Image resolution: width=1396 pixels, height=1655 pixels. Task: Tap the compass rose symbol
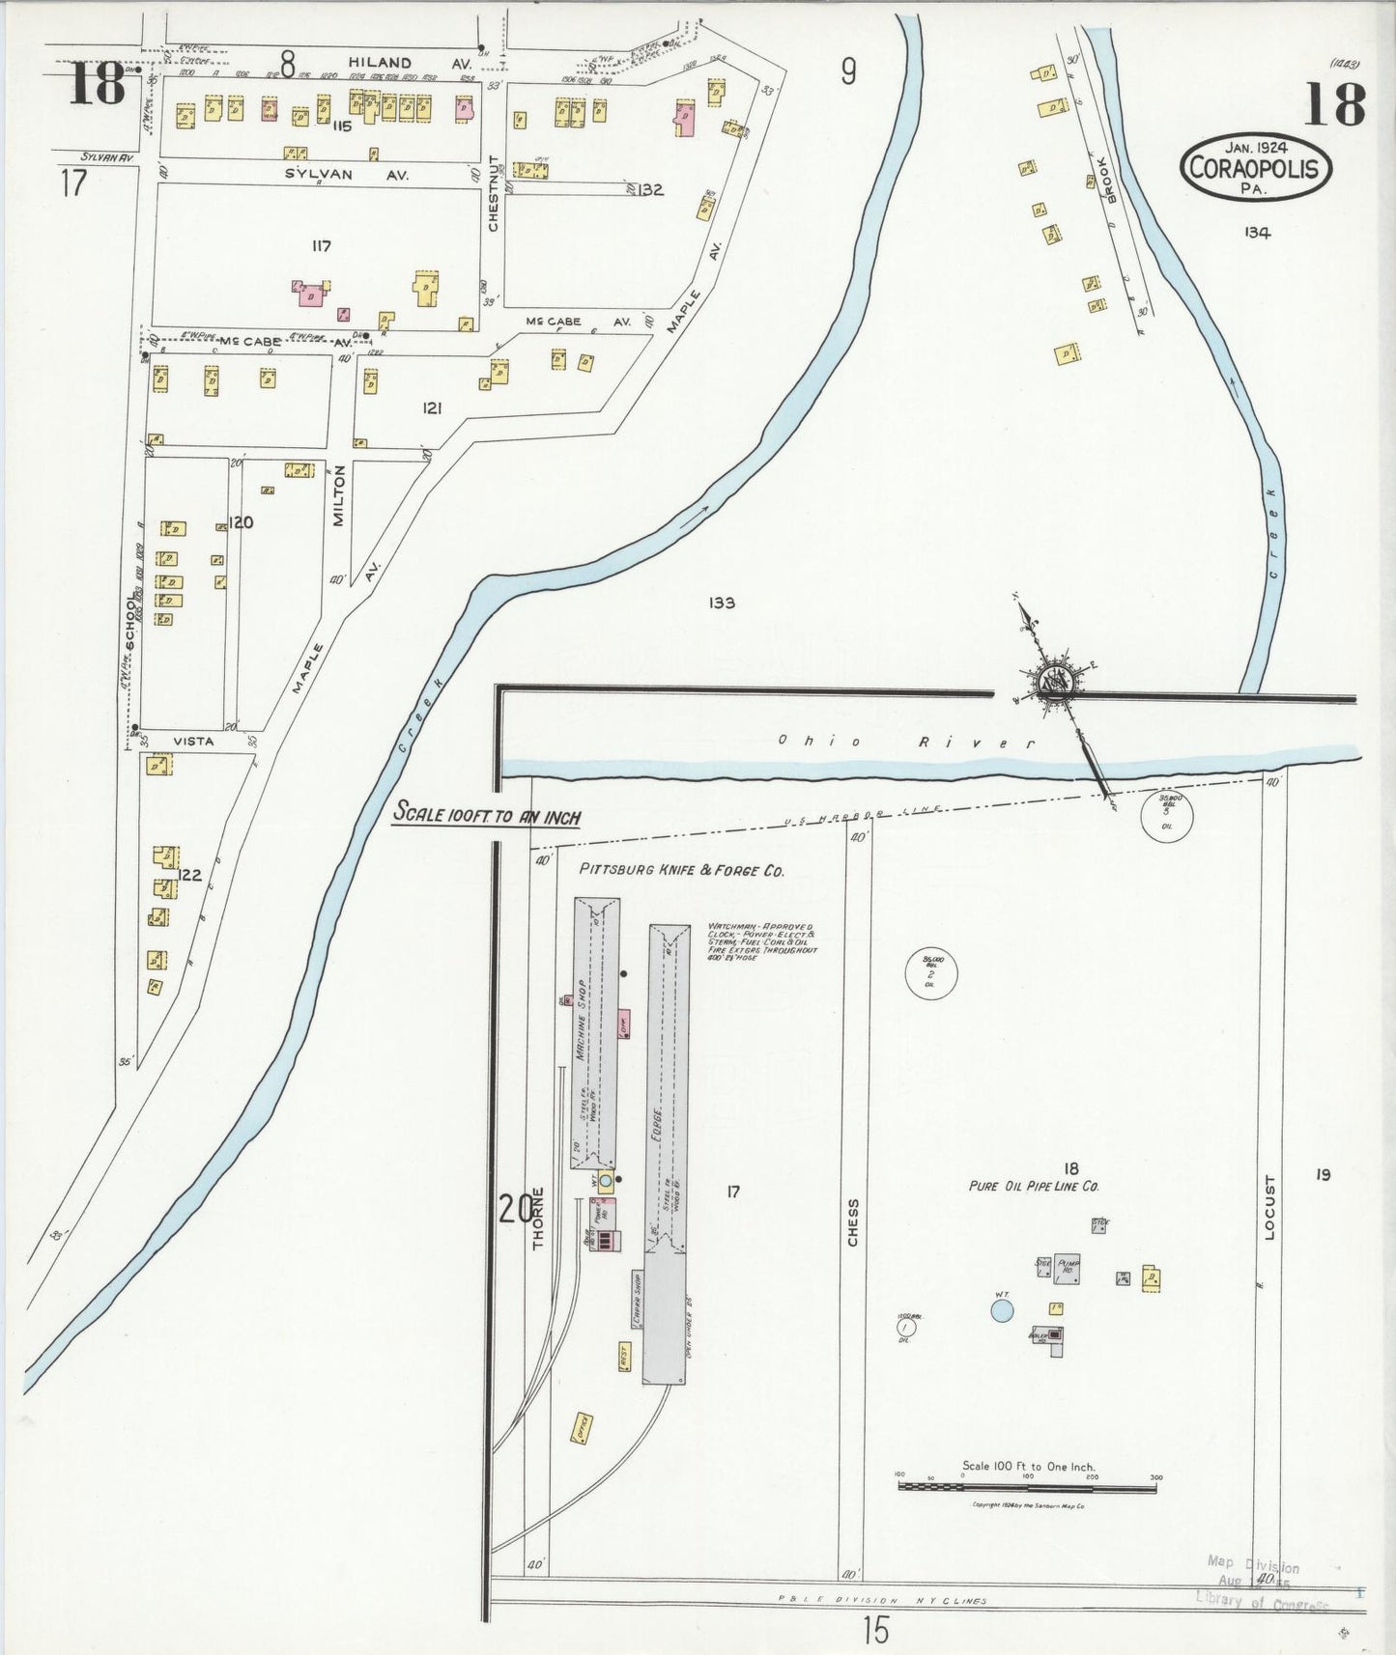point(1052,681)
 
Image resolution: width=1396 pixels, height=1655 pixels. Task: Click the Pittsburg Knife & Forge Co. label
point(681,869)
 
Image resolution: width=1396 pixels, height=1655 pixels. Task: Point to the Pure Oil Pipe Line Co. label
point(1035,1186)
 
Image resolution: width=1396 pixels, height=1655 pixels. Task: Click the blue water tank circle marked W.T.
point(1003,1309)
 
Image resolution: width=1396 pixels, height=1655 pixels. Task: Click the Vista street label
point(192,742)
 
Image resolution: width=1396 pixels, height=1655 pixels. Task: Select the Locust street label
point(1271,1207)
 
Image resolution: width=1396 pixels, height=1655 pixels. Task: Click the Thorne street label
point(539,1219)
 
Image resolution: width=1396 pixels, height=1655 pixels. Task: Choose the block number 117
point(321,246)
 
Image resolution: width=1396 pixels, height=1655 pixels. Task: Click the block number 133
point(722,603)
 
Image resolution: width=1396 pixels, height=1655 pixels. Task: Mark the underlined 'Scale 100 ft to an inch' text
point(486,815)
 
